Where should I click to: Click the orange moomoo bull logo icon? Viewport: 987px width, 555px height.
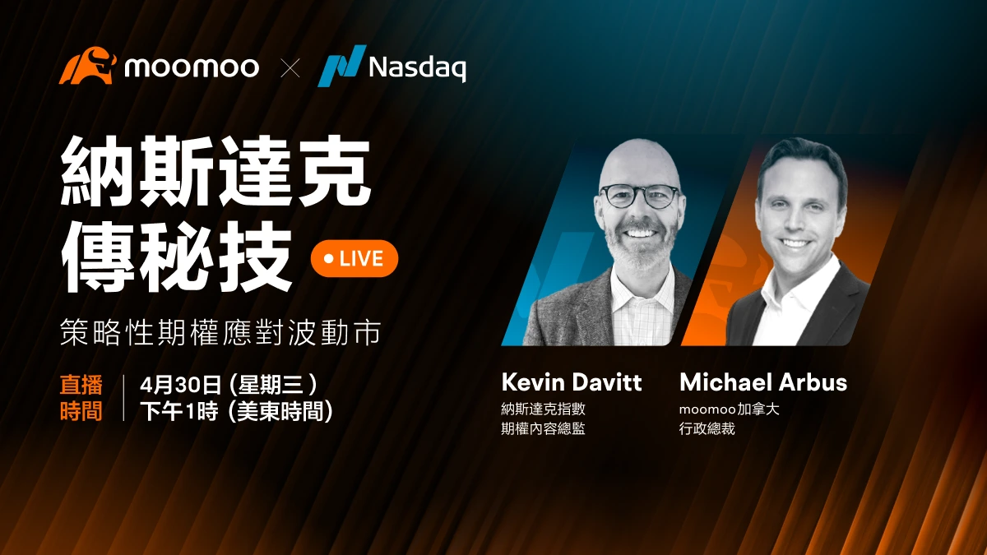click(x=87, y=65)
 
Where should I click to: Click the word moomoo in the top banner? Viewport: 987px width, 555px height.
click(x=192, y=67)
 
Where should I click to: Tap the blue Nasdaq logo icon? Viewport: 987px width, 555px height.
click(x=342, y=65)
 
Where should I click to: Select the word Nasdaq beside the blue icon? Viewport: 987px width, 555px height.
click(x=417, y=67)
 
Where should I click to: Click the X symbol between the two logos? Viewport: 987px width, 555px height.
click(x=290, y=67)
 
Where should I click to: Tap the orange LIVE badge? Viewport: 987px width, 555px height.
click(x=354, y=258)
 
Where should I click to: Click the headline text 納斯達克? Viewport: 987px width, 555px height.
click(x=215, y=172)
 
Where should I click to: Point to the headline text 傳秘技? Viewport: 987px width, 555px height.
click(x=176, y=256)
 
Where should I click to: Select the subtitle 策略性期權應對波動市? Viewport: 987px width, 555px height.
click(x=220, y=331)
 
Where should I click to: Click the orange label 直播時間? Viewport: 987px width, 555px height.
click(x=81, y=398)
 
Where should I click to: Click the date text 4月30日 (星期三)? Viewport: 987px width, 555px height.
click(x=229, y=385)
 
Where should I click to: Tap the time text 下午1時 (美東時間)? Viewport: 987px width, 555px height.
click(x=237, y=411)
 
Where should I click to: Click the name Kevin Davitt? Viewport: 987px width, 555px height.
click(x=572, y=382)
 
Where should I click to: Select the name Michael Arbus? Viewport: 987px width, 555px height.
click(x=763, y=382)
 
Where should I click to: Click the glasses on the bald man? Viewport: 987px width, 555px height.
click(x=640, y=196)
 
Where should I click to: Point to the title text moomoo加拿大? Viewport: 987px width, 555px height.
click(x=730, y=409)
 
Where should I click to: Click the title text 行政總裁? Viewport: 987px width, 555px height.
click(x=707, y=428)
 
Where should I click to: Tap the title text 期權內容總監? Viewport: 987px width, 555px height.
click(x=544, y=428)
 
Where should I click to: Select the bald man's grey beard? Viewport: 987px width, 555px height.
click(x=641, y=247)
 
